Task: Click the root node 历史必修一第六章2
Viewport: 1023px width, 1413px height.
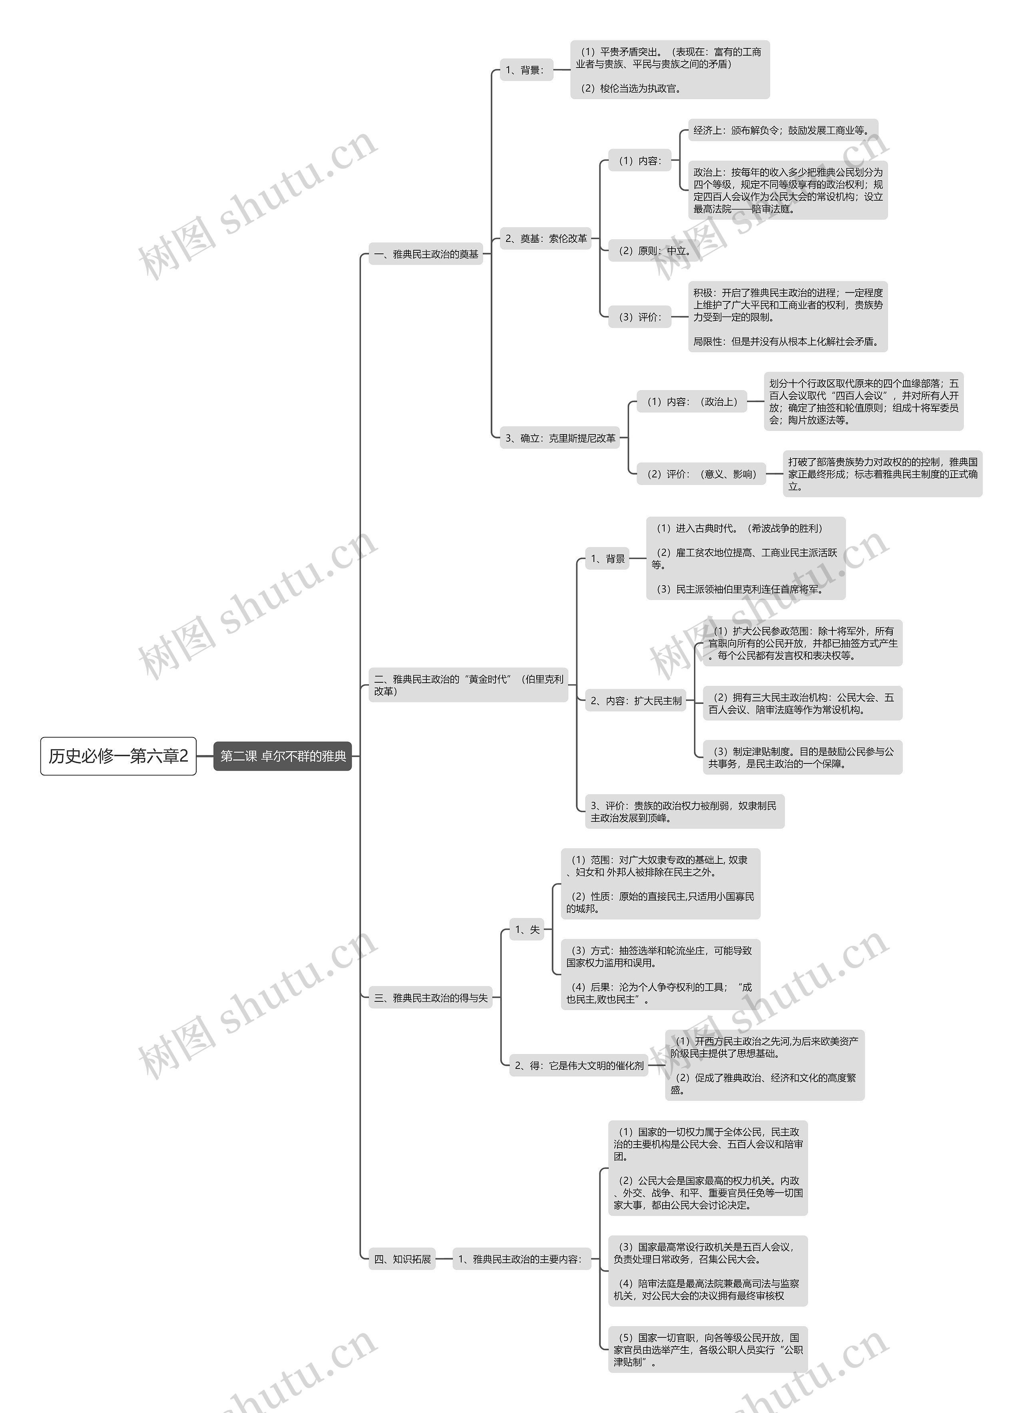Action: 118,756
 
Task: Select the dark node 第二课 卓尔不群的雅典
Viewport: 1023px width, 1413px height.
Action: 283,756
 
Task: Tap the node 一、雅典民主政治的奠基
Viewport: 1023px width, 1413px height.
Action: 426,254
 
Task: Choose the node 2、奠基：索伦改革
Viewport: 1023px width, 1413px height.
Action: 546,238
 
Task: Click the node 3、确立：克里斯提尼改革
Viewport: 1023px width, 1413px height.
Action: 560,438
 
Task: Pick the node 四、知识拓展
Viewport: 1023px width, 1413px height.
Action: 402,1258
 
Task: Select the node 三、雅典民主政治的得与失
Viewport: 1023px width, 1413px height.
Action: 430,997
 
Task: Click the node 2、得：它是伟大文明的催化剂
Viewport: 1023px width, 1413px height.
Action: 579,1065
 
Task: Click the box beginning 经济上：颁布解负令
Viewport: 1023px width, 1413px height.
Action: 782,130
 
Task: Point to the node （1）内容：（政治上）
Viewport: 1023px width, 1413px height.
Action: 692,402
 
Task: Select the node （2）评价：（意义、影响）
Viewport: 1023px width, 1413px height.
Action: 701,474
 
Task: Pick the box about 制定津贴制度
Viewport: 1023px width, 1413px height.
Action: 802,757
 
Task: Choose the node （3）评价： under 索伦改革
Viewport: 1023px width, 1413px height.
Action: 640,317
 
